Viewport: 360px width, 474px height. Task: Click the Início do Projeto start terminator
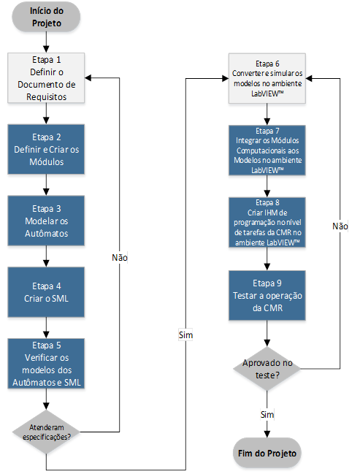[46, 17]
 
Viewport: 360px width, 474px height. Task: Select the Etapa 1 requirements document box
[46, 78]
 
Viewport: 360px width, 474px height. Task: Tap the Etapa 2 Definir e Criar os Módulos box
[46, 149]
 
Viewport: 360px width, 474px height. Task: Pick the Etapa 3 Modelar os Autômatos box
[46, 221]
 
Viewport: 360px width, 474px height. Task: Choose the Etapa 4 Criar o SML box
[46, 292]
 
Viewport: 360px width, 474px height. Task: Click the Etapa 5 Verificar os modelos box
[46, 364]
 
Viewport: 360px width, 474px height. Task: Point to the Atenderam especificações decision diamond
[46, 432]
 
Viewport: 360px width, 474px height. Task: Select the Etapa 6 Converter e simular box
[267, 78]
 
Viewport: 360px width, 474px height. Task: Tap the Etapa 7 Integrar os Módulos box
[267, 150]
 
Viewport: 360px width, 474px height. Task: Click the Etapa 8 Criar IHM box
[267, 223]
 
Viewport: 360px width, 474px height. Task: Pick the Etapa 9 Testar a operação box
[267, 295]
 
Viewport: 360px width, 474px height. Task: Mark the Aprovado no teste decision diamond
[267, 369]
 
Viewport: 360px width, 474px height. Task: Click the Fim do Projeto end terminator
[267, 453]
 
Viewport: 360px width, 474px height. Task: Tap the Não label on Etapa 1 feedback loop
[120, 258]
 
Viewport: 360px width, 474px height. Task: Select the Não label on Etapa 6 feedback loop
[340, 226]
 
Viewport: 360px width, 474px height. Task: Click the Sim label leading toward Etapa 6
[185, 335]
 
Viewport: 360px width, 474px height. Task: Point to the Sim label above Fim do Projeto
[267, 414]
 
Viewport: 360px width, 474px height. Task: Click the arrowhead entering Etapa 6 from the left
[226, 79]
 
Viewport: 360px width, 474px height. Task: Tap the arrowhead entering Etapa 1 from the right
[88, 78]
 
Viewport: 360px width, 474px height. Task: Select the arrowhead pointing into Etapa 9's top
[267, 267]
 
